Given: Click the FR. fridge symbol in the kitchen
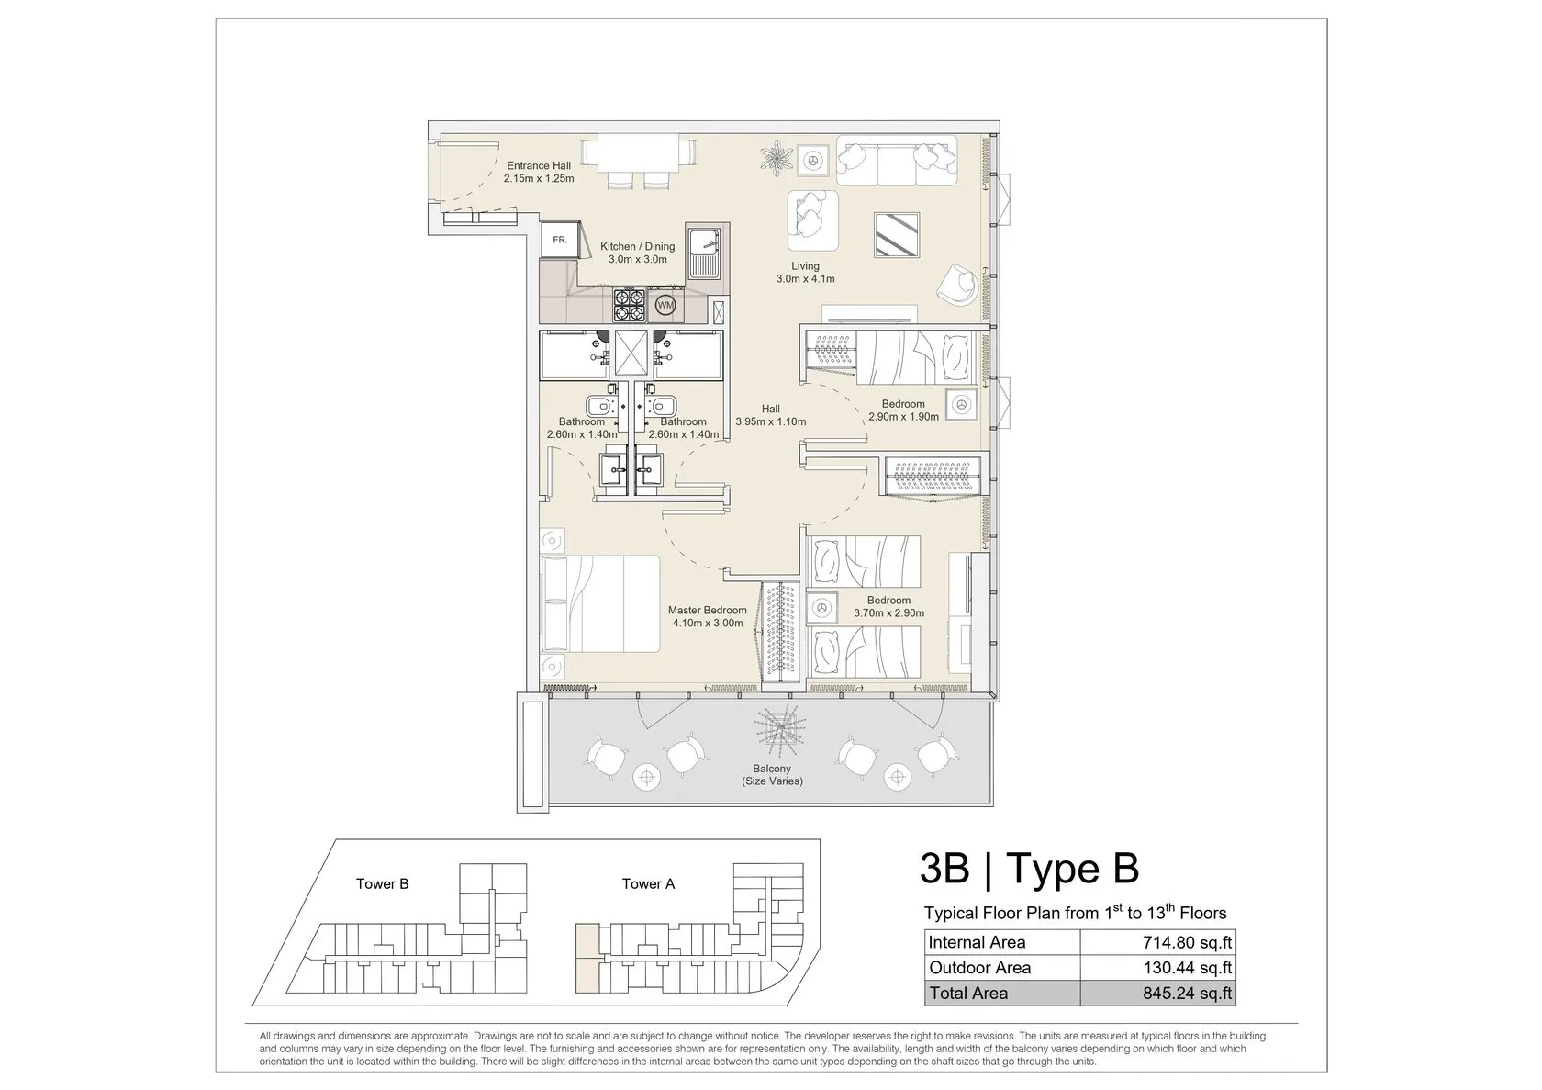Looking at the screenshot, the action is pos(560,240).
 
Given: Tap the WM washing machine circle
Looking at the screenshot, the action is pos(665,304).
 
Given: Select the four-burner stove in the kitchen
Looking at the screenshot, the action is pos(630,304).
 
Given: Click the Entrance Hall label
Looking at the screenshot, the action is pos(538,165).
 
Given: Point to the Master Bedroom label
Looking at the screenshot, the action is pos(707,610).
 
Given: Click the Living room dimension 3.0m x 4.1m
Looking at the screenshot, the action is pos(806,279).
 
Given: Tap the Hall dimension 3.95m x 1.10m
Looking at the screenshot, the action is pos(770,421).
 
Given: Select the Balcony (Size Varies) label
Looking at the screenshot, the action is pos(772,775).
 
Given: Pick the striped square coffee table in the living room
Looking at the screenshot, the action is pos(897,235).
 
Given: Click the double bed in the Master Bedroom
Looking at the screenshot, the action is pos(600,604).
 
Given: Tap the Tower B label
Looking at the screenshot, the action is pos(382,883).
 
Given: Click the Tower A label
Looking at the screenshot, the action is pos(648,883).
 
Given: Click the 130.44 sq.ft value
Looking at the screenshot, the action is pos(1188,968).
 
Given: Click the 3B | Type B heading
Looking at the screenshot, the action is pos(1030,868).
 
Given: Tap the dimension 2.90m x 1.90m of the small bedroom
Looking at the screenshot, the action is pos(903,417).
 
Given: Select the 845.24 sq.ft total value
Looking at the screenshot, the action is pos(1188,994).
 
